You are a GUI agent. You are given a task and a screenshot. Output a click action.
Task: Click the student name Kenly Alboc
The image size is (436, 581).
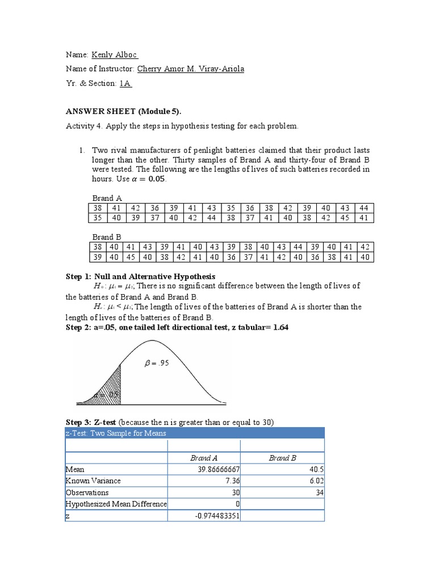click(x=114, y=54)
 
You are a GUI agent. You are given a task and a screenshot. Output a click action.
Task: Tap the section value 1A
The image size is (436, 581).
click(x=125, y=83)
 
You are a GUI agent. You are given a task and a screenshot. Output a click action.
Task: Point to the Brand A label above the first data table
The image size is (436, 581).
click(x=107, y=198)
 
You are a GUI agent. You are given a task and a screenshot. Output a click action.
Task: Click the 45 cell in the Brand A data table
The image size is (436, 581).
click(x=345, y=217)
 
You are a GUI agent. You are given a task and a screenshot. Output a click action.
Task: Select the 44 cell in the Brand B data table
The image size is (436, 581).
click(x=297, y=247)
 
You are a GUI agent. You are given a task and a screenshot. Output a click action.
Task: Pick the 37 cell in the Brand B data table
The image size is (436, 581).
click(x=248, y=256)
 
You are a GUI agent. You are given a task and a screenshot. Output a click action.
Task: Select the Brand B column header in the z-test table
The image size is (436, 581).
click(x=282, y=458)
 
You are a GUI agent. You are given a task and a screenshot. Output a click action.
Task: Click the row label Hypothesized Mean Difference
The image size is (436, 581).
click(x=116, y=504)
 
